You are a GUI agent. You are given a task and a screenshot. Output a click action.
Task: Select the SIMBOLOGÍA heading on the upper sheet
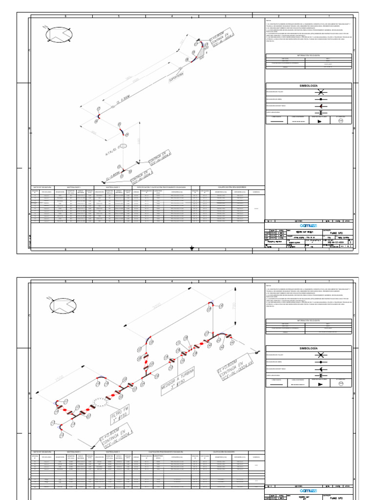pos(308,85)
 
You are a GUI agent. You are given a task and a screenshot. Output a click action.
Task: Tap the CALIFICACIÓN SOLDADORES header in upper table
pos(231,187)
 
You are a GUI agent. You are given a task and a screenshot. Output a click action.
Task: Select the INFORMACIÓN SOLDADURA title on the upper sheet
pos(308,56)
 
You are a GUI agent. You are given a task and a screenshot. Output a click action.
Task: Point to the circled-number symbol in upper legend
pos(341,121)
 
